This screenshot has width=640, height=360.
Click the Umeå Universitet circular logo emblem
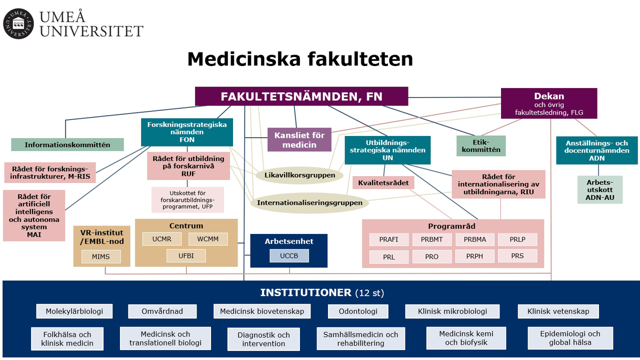coord(18,23)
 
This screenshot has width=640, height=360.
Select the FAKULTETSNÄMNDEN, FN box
coord(301,96)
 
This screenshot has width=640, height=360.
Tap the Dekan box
coord(549,103)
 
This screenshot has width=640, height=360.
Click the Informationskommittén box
coord(67,145)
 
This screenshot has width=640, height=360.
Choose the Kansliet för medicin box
coord(299,139)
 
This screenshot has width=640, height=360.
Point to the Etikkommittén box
coord(481,145)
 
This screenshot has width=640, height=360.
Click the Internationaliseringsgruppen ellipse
coord(309,203)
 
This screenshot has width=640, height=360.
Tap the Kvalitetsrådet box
coord(383,183)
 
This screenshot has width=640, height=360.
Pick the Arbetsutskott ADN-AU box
coord(599,189)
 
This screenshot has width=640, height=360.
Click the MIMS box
coord(101,256)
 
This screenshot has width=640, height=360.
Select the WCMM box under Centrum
coord(207,239)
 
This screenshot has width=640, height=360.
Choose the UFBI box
coord(186,255)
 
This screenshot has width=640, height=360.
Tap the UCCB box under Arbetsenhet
coord(289,255)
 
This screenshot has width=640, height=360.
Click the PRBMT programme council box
coord(431,239)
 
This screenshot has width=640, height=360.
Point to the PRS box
coord(517,255)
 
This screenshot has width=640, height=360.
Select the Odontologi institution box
coord(357,311)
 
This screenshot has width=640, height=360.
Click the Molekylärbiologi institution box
coord(74,311)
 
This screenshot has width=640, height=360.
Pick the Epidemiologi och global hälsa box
coord(570,338)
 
